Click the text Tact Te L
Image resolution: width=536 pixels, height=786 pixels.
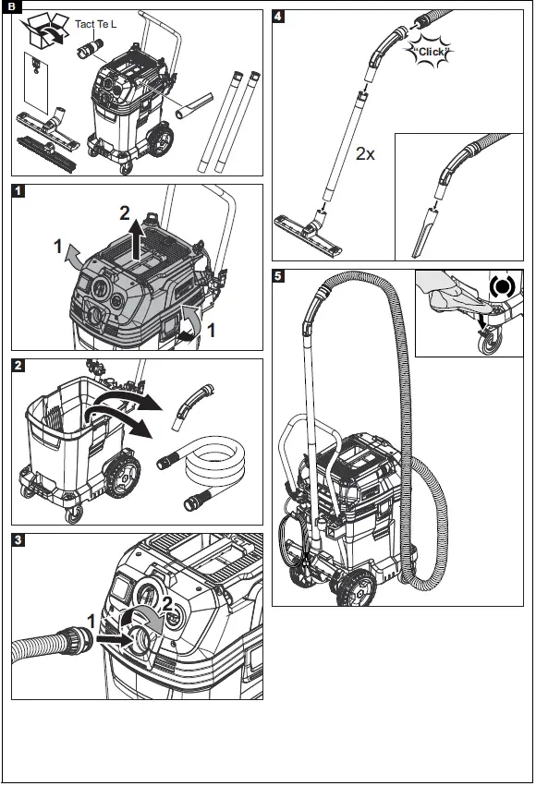[95, 23]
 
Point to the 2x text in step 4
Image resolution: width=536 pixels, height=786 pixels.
[366, 154]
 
